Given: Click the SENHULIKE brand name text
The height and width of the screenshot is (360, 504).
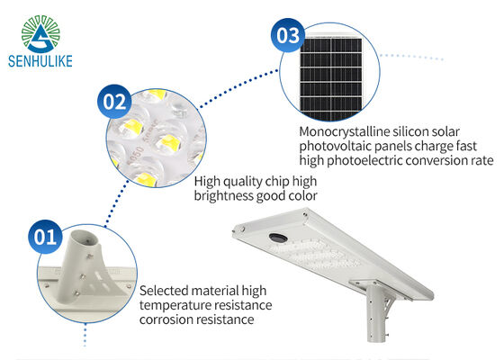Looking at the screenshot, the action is (x=40, y=61).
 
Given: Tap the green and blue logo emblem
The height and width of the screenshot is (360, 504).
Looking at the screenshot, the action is (x=40, y=34).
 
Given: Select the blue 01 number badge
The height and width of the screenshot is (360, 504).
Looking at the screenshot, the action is (x=45, y=237).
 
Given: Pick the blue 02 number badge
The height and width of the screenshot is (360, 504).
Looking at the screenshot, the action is (x=114, y=101).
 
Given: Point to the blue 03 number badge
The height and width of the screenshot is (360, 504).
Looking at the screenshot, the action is (x=288, y=35).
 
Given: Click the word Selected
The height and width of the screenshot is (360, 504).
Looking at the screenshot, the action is (x=164, y=291).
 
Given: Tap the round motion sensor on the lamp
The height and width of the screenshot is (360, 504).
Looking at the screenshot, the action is (x=278, y=238).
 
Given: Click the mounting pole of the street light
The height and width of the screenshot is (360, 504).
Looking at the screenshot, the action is (x=376, y=311).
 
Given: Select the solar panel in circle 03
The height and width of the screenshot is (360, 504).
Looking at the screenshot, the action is (x=331, y=76).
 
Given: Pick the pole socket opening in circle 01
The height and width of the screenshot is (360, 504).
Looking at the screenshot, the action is (x=85, y=238).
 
